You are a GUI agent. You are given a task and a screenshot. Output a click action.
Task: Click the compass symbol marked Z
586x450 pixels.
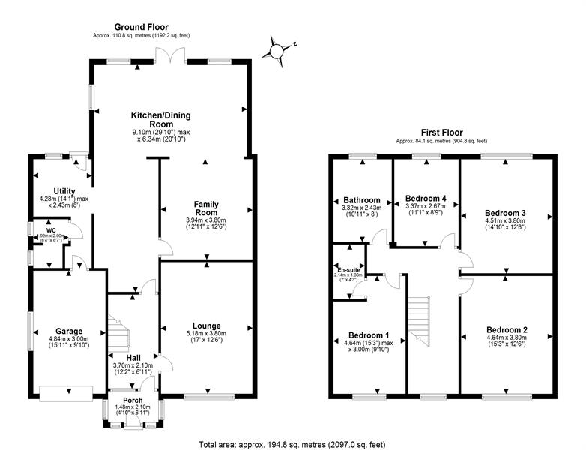coord(280,49)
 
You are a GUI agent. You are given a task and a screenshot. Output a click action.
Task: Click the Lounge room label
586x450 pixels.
coord(205,326)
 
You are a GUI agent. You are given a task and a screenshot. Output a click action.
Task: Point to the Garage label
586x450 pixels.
coord(68,331)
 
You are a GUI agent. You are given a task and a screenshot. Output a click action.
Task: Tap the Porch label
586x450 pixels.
coord(133,400)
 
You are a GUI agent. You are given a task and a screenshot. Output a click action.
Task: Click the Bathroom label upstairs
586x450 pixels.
coord(362,200)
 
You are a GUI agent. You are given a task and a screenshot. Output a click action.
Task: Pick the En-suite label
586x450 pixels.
coord(348,268)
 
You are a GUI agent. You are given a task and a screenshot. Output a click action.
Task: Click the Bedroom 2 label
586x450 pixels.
coord(507,329)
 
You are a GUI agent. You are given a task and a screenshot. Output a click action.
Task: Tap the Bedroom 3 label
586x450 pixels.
coord(507,213)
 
